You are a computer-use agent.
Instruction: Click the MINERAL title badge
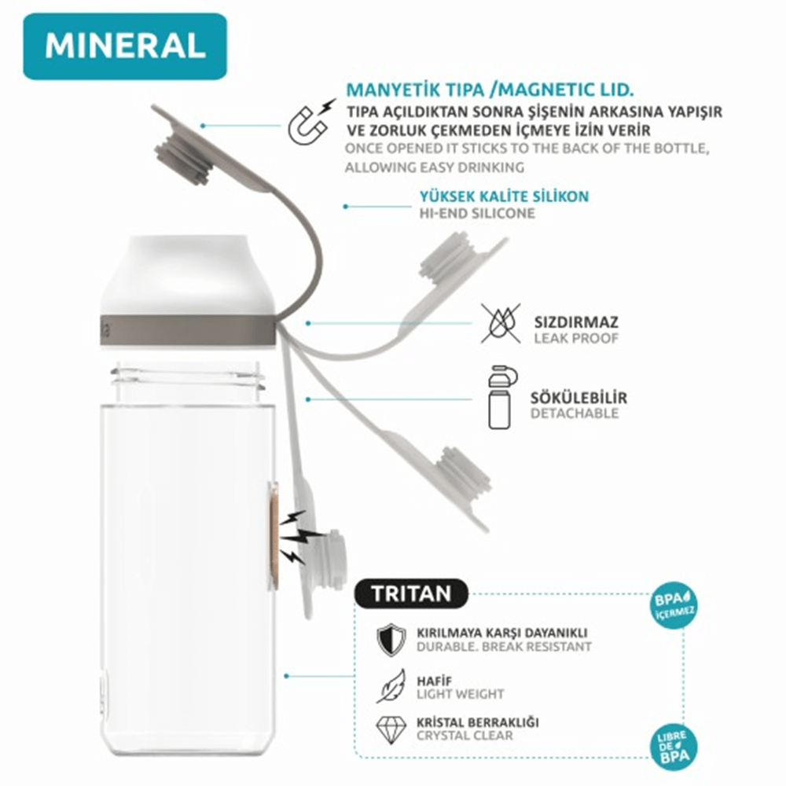coord(125,46)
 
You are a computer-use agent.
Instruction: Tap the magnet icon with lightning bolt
coord(309,123)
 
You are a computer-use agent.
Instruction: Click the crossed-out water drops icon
coord(500,323)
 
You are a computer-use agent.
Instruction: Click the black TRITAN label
coord(411,594)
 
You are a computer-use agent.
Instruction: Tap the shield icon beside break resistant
coord(391,640)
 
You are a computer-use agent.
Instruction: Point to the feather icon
coord(391,685)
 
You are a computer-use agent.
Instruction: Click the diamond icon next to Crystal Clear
coord(391,729)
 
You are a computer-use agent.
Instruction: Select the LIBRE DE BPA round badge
coord(674,747)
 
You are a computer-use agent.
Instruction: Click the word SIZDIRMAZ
coord(576,321)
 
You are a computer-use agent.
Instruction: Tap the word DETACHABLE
coord(575,413)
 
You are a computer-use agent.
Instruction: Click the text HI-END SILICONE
coord(477,214)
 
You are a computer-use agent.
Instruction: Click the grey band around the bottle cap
coord(188,331)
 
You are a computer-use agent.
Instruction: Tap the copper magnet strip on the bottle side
coord(274,535)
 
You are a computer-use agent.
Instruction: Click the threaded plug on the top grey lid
coord(182,156)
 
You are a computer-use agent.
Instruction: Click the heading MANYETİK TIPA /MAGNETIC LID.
coord(490,90)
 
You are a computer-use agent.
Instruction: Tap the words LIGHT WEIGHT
coord(460,694)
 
